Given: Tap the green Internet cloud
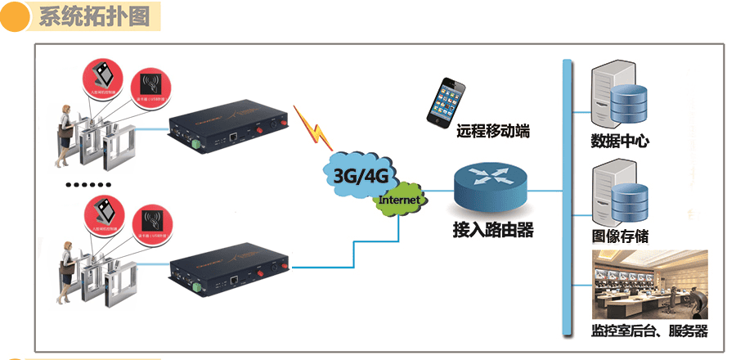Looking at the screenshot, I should [400, 200].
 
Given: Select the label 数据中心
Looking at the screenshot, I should [620, 141].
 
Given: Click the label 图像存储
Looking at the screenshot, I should [620, 236].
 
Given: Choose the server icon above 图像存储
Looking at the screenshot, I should [618, 194].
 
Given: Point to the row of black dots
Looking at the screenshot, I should [86, 185].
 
